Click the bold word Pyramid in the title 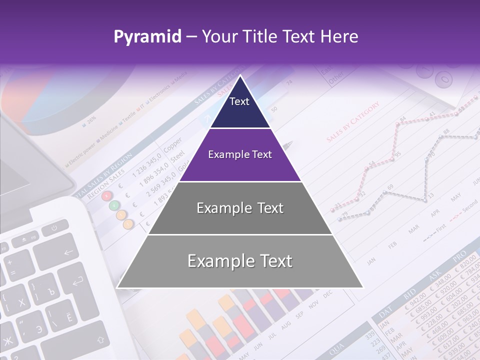point(147,36)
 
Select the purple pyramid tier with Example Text point(240,155)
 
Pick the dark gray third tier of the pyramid point(240,208)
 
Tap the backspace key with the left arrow point(67,252)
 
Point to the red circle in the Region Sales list point(106,196)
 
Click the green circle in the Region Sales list point(114,205)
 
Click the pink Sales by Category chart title point(353,122)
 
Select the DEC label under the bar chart point(327,295)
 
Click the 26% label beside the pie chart point(91,120)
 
